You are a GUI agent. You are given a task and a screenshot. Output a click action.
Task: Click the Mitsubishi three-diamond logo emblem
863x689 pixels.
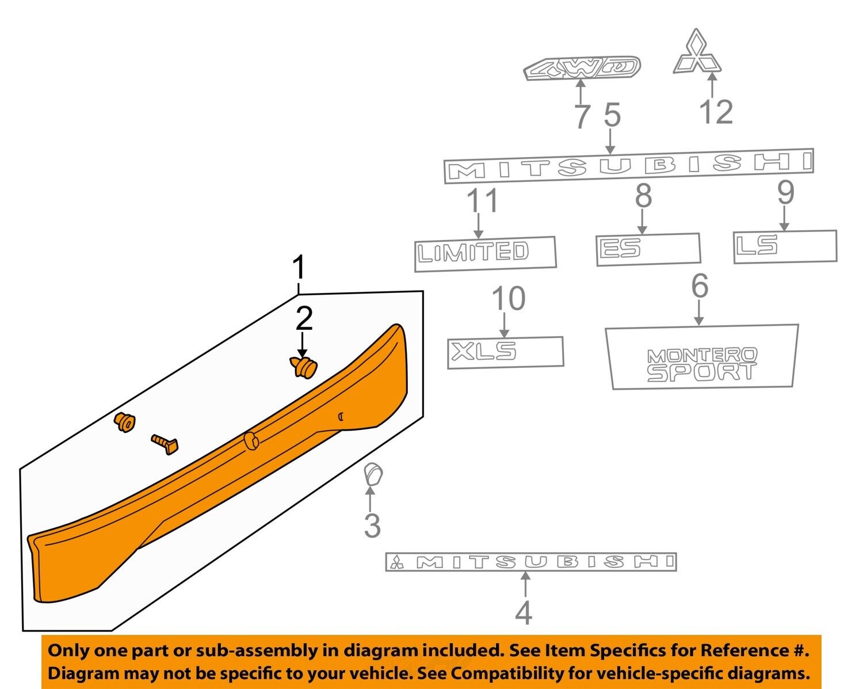(x=697, y=52)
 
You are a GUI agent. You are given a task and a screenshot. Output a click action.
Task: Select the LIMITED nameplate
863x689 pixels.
(x=485, y=254)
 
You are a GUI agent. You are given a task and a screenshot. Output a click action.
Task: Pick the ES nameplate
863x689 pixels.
(x=648, y=249)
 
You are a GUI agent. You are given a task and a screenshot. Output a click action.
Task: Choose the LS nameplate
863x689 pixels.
(x=785, y=246)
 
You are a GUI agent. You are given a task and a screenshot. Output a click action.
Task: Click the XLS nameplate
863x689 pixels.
(x=505, y=352)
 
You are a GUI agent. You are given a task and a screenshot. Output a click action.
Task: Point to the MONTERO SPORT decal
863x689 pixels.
(x=702, y=357)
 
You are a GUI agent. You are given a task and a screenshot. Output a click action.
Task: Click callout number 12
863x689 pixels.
(x=716, y=112)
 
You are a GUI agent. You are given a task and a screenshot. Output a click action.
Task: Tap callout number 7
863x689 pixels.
(x=582, y=116)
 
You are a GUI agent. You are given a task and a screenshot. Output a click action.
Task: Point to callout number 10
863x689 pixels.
(x=509, y=299)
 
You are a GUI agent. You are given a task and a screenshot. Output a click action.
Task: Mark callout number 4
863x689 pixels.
(x=524, y=613)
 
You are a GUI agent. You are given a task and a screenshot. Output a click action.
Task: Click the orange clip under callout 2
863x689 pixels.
(x=303, y=367)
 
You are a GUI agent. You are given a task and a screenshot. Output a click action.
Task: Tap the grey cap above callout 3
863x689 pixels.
(x=373, y=474)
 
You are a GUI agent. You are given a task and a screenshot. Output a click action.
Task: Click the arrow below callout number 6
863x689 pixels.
(x=699, y=313)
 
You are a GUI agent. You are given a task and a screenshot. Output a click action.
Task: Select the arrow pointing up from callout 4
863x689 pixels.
(x=525, y=585)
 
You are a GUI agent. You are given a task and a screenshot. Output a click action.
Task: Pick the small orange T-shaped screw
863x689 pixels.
(x=165, y=444)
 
